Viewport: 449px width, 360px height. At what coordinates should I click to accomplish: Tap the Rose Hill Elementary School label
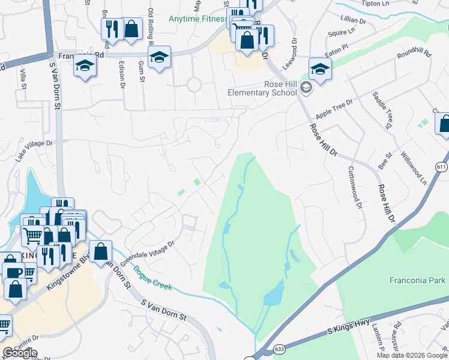262,88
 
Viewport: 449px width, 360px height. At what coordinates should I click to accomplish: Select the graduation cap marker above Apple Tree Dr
320,69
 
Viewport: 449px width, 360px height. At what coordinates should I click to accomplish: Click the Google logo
20,353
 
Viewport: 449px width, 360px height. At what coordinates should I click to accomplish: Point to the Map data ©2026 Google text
412,355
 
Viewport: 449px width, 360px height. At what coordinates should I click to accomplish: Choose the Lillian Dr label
352,20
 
